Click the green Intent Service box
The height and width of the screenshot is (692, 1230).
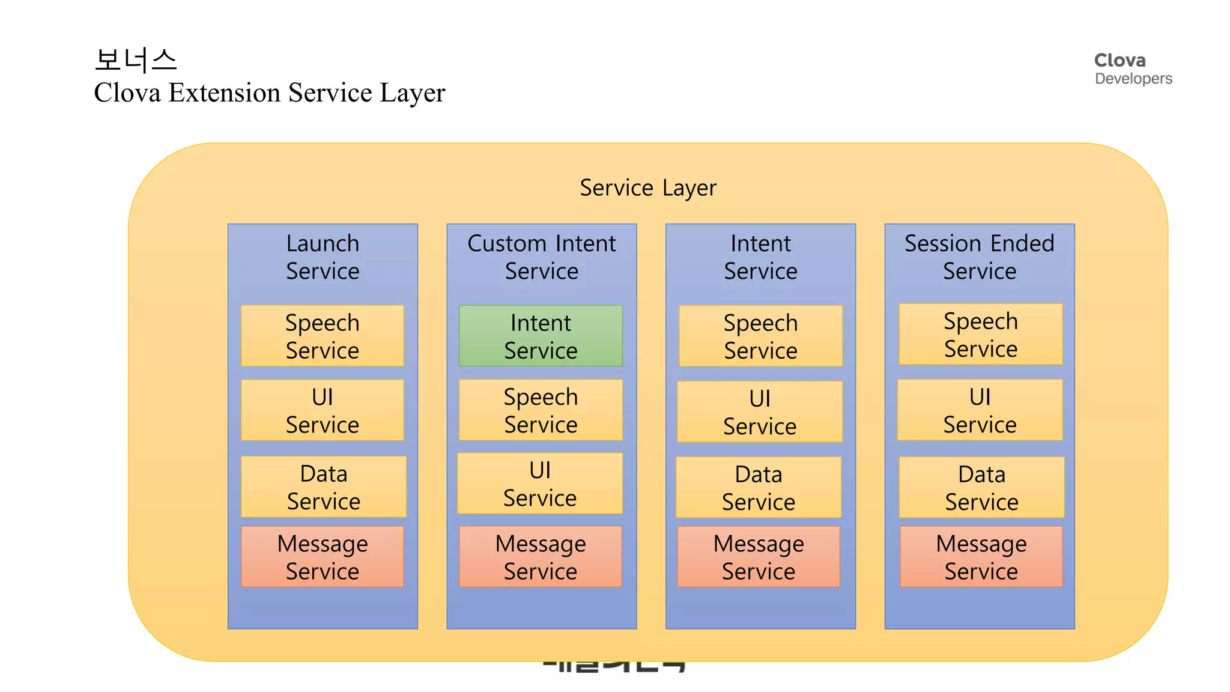[541, 336]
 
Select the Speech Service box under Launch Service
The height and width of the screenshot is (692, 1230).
[323, 336]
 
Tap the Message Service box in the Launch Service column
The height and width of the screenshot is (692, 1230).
[323, 557]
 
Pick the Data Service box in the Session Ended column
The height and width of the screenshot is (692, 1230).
[981, 487]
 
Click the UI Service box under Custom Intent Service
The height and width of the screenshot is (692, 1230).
[540, 484]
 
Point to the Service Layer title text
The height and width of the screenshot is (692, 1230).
[648, 188]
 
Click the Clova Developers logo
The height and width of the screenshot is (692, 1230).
[1132, 69]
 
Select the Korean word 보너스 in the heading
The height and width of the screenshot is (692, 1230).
[136, 60]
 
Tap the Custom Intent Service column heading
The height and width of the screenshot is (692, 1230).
[542, 257]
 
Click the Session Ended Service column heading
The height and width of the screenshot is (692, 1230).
[980, 257]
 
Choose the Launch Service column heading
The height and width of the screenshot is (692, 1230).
[323, 257]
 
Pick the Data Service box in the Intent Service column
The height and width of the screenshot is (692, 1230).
[759, 487]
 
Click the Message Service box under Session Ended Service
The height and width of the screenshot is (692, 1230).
[981, 557]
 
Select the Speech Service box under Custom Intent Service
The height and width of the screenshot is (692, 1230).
[541, 410]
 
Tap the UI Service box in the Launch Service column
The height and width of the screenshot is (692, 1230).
[323, 410]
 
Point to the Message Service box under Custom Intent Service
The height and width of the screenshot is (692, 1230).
[541, 557]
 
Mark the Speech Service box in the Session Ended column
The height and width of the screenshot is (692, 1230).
[981, 335]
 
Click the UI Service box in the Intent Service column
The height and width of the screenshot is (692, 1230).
[760, 412]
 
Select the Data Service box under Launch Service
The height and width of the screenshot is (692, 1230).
[324, 487]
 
